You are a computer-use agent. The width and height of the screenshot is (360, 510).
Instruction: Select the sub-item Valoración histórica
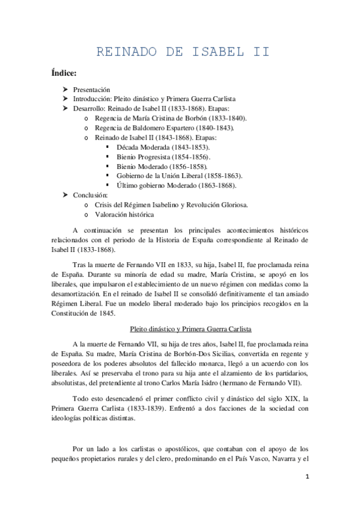[x=124, y=215]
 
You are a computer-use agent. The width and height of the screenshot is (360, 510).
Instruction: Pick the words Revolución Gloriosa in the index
[x=225, y=205]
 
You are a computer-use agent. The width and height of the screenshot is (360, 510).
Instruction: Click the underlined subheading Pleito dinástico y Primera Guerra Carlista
[x=191, y=329]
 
